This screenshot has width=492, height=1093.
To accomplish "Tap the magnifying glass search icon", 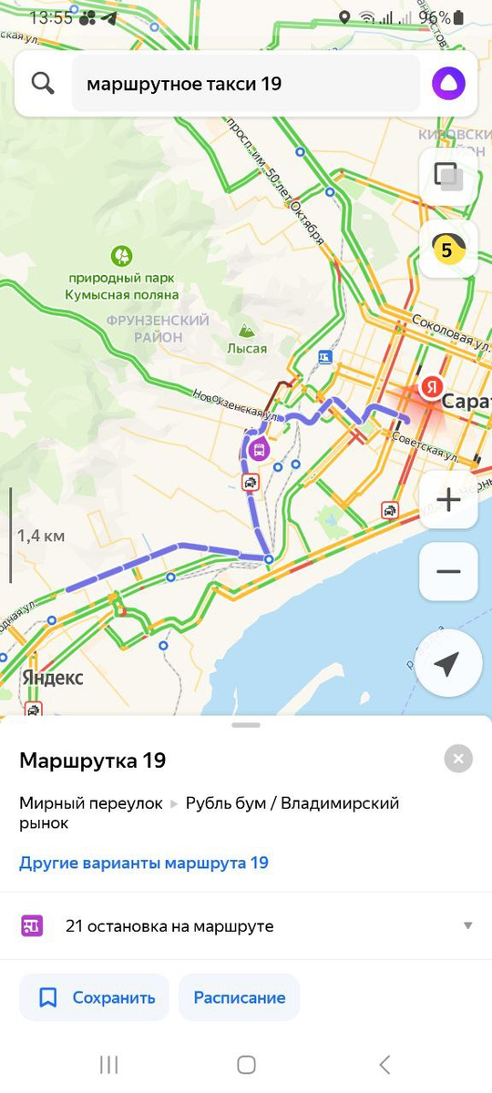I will pos(43,84).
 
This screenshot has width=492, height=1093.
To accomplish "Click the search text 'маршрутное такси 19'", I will pos(184,84).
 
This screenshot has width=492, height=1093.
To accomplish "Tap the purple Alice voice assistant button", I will pos(448,84).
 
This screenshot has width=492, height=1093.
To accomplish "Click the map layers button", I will pos(448,175).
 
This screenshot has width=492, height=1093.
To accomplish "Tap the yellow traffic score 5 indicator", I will pos(448,249).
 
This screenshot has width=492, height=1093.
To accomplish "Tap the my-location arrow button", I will pos(446,665).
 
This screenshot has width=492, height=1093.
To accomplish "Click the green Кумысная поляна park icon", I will pos(121,256).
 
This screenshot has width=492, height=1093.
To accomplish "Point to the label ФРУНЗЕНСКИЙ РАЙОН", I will pos(158,329).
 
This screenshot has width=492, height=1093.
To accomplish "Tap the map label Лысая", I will pos(247,348).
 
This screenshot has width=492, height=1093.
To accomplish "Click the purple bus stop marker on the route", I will pos(259,448).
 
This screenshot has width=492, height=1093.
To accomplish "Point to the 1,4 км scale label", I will pos(42,536).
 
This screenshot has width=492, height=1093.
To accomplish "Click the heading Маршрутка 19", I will pos(93,761).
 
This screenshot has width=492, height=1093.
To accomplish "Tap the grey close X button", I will pos(458,758).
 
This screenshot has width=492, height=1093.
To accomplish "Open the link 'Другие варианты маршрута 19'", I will pos(144,863).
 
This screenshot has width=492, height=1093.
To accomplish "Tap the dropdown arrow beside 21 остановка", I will pos(467,925).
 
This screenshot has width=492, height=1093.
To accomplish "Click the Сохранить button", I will pos(95,997).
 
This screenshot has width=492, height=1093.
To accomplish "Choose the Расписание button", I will pos(239,997).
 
